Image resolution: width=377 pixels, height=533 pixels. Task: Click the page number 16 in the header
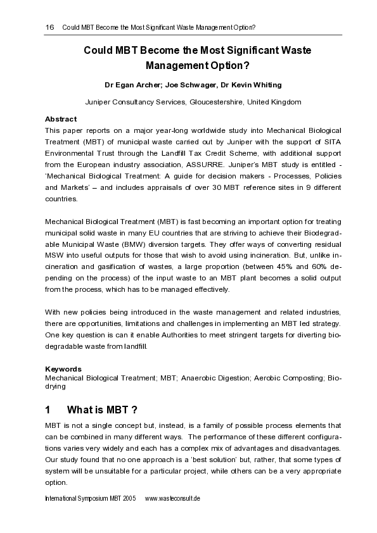pyautogui.click(x=49, y=28)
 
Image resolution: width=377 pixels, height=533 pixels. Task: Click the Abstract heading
pyautogui.click(x=61, y=119)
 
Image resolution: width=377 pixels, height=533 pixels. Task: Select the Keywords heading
pyautogui.click(x=63, y=368)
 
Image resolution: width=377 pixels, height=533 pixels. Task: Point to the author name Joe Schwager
pyautogui.click(x=191, y=85)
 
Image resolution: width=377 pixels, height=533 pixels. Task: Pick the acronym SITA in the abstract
pyautogui.click(x=330, y=142)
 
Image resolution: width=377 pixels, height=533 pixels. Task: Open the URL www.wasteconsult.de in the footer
pyautogui.click(x=173, y=499)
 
